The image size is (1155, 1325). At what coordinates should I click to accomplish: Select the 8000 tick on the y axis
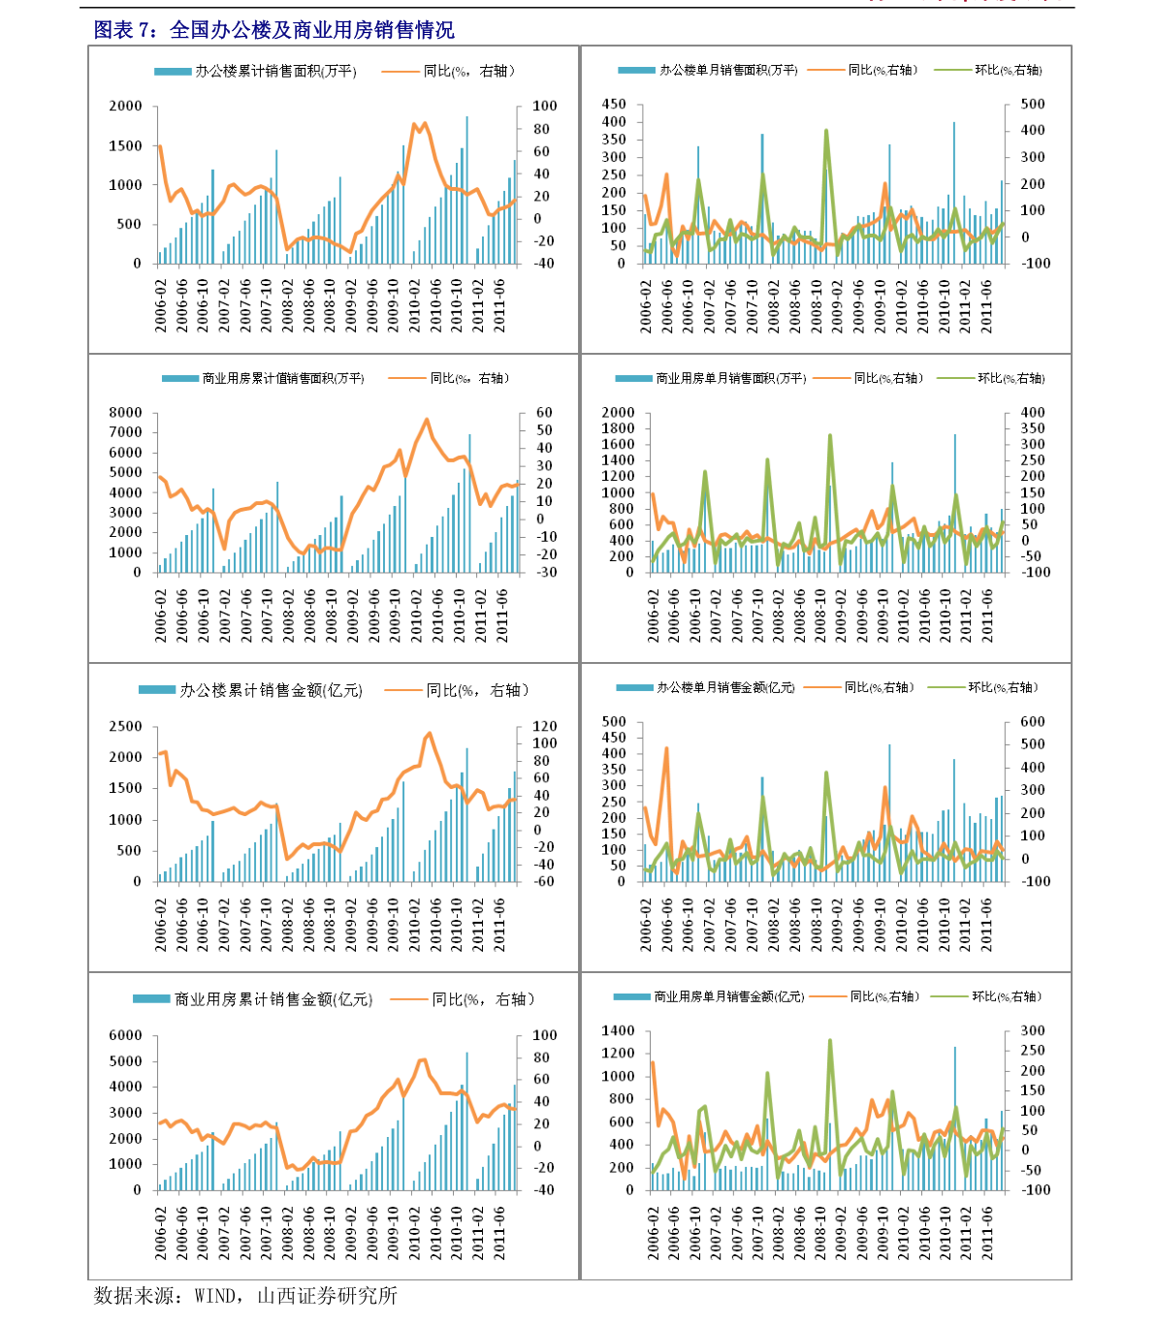tap(126, 412)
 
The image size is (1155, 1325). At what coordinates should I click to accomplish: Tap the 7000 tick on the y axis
tap(126, 432)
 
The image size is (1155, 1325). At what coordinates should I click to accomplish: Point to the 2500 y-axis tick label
tap(125, 726)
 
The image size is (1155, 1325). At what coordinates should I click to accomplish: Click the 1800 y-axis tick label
tap(618, 428)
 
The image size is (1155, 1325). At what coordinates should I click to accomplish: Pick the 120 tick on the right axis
tap(545, 726)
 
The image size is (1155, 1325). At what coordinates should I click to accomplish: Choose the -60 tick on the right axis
tap(544, 881)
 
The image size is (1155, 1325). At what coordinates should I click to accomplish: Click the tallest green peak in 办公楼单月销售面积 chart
tap(826, 130)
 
